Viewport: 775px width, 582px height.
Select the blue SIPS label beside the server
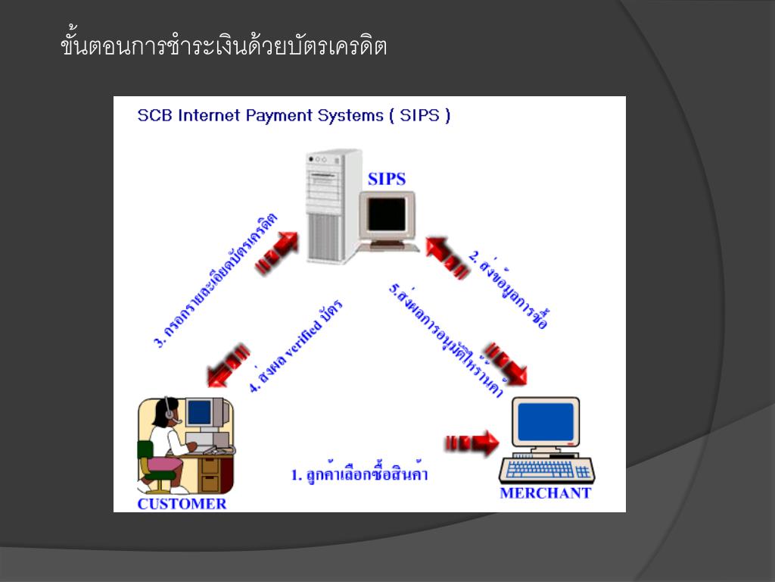387,180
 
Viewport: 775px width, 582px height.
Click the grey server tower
331,205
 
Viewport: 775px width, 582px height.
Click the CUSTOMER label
182,504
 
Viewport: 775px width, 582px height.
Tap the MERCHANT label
545,493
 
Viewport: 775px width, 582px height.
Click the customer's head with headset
167,411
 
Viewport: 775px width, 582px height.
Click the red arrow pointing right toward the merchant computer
472,443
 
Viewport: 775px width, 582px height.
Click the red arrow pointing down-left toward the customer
226,364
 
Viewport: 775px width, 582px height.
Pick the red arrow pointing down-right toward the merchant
506,363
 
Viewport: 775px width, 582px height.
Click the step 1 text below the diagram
360,475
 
